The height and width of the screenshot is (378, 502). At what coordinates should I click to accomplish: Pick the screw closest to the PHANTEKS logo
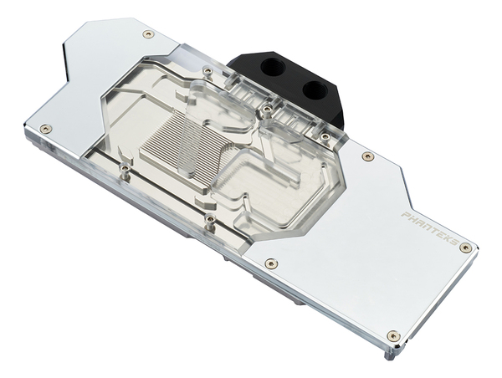click(465, 248)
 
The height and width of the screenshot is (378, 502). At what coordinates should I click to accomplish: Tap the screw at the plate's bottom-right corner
click(393, 335)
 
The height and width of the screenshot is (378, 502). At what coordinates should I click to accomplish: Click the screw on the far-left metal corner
click(44, 129)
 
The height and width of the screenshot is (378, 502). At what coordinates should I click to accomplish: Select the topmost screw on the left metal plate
click(148, 34)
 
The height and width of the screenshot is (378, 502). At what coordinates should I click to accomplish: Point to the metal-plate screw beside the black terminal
click(367, 156)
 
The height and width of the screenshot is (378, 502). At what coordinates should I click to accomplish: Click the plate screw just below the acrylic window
click(270, 263)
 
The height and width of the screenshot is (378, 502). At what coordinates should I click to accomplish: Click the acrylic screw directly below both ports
click(266, 110)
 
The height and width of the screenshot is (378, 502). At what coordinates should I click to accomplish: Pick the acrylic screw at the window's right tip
click(324, 137)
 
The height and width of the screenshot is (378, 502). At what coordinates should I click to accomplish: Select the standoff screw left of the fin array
click(125, 169)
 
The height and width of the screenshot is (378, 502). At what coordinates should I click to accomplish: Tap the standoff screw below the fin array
click(209, 219)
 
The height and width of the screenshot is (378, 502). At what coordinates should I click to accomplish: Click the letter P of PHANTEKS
click(405, 215)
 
